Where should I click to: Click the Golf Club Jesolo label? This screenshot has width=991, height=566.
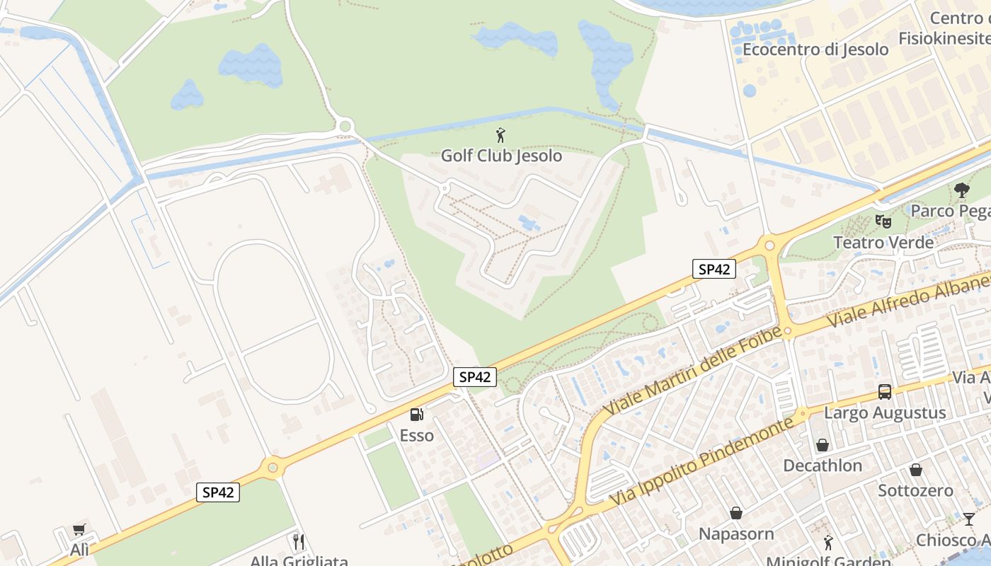(x=501, y=156)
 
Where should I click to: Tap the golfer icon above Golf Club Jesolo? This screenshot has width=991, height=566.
(x=501, y=135)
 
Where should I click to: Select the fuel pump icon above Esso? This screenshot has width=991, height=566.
(x=416, y=415)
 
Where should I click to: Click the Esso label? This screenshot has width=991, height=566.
(x=416, y=436)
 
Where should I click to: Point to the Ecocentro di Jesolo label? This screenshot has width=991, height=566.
(x=815, y=50)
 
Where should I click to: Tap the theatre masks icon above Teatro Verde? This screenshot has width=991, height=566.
(x=883, y=221)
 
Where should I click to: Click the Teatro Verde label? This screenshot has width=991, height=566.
(x=883, y=243)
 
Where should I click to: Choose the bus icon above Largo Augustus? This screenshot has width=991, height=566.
(x=884, y=391)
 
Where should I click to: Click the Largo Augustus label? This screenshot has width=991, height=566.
(x=884, y=412)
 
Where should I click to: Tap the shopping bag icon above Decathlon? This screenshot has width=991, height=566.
(x=822, y=445)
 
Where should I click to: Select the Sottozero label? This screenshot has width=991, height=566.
(x=915, y=490)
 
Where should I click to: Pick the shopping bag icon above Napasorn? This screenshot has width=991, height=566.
(x=736, y=512)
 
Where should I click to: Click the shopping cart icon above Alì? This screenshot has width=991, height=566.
(x=79, y=529)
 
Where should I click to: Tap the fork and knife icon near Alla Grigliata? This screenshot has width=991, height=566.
(x=299, y=542)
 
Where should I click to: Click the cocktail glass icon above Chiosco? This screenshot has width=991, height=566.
(x=968, y=519)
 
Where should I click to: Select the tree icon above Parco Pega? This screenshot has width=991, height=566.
(x=961, y=190)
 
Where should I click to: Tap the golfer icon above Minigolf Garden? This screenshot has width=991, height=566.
(x=828, y=543)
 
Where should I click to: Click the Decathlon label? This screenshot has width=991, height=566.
(x=822, y=466)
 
